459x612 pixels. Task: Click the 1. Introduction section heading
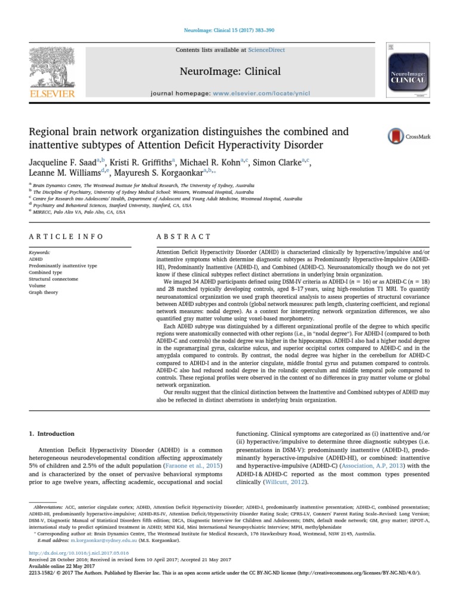coord(52,433)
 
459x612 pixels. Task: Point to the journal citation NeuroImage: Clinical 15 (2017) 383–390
coord(229,30)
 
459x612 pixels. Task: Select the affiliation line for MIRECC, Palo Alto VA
coord(79,211)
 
